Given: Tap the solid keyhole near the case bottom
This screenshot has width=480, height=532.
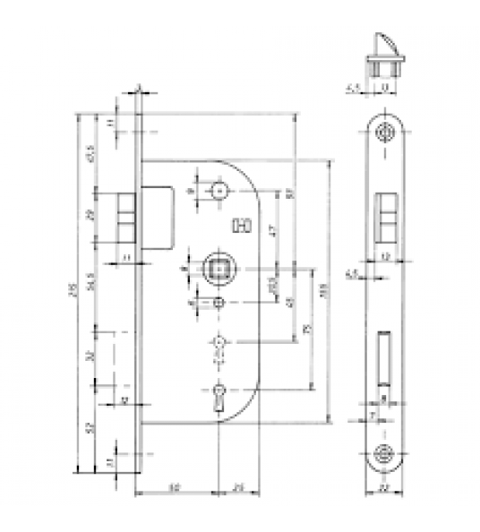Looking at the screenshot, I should pos(219,395).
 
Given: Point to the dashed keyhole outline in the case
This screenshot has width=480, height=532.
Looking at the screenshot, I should pos(219,346).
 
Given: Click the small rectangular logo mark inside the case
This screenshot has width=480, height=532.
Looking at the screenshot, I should pos(239,227).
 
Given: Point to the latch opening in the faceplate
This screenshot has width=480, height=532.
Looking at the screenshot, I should pos(386,216).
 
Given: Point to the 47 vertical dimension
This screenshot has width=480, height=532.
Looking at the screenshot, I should pos(272,229).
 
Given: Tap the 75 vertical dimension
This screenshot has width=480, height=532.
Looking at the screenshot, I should pos(309,330).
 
